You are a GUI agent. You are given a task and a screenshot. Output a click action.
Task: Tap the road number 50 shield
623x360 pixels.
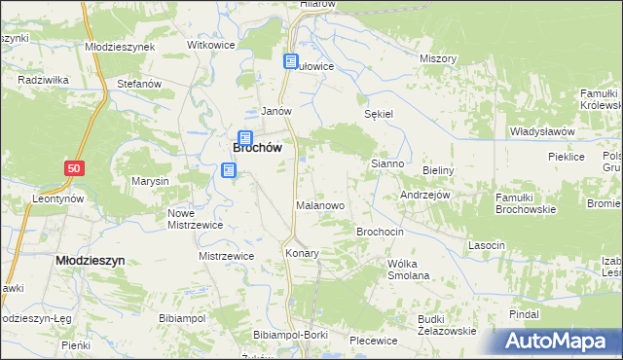75,168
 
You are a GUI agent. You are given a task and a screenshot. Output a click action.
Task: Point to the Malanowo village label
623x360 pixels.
320,206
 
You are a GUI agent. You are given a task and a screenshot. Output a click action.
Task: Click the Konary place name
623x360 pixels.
302,253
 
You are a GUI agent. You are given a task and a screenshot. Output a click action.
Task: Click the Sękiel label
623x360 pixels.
378,114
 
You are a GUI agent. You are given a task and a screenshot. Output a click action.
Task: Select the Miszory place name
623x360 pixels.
438,58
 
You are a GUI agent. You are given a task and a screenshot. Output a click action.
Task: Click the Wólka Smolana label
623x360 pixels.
408,270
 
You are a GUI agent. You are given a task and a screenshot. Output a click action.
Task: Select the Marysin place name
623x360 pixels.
151,182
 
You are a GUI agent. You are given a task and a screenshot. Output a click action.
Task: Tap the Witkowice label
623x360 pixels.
213,46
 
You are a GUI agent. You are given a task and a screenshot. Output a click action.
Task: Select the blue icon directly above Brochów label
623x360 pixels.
245,138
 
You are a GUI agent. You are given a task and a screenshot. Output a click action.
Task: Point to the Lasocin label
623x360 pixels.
487,245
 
